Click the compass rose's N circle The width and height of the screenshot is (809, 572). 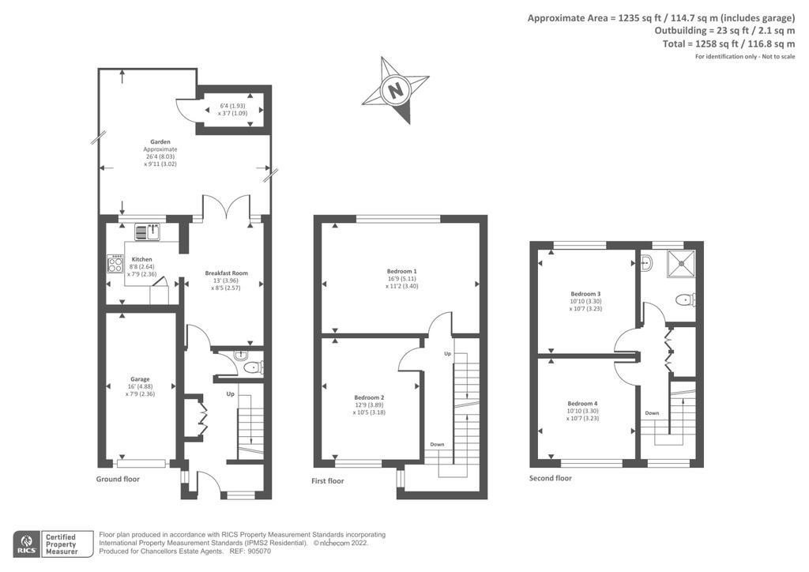tap(396, 91)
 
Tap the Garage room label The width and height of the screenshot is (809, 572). tap(140, 379)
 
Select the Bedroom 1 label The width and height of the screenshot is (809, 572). tap(402, 271)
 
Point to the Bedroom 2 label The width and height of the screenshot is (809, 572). tap(369, 397)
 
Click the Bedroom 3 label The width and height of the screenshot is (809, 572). tap(585, 293)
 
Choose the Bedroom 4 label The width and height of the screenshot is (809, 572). tap(583, 404)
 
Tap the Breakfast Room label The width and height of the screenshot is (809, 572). tap(227, 273)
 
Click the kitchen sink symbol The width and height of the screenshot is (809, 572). tap(148, 232)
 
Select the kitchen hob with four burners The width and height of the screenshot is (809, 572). tap(115, 264)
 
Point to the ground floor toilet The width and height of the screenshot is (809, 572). tap(254, 367)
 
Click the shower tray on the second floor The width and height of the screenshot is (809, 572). tap(681, 264)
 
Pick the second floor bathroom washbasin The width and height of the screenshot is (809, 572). tap(645, 263)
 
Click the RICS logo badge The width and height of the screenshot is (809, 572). tap(27, 544)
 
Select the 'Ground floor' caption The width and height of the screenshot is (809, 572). tap(118, 479)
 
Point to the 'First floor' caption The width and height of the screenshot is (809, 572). tap(328, 481)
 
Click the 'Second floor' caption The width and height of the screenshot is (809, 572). tap(551, 478)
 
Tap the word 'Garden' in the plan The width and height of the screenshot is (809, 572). tap(160, 142)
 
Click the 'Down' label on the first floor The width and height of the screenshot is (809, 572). tap(437, 445)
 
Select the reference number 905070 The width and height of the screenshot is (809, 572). tap(258, 551)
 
